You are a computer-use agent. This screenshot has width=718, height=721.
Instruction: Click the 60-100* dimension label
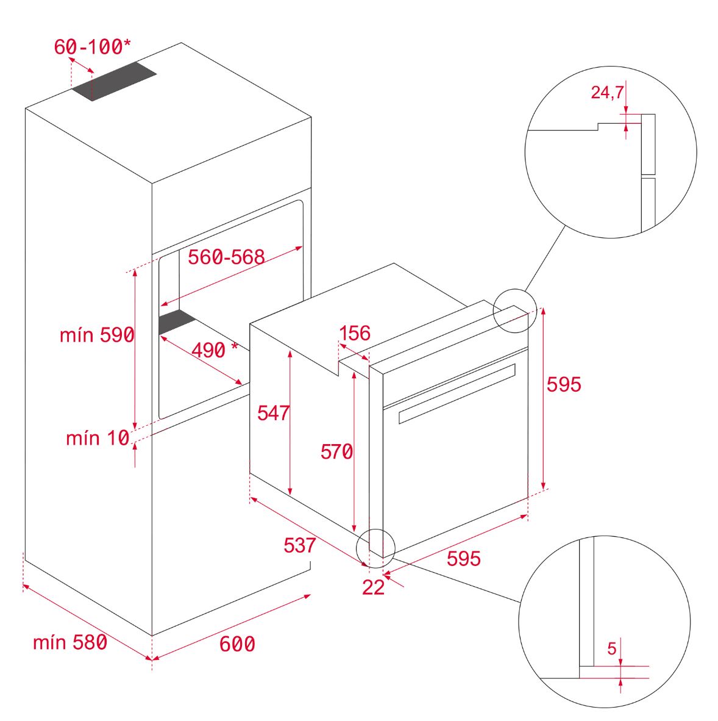(x=92, y=46)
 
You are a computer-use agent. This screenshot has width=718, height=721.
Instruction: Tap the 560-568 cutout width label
(x=227, y=257)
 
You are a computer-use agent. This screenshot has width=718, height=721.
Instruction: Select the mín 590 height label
(x=97, y=335)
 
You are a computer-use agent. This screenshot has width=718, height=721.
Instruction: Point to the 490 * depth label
(x=215, y=350)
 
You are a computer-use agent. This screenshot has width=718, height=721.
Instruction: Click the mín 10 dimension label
(x=98, y=438)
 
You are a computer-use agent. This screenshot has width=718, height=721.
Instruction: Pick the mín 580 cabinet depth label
(x=70, y=642)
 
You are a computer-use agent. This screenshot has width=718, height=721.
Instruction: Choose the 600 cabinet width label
(x=237, y=644)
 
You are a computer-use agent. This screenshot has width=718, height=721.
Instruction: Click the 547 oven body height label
(x=273, y=413)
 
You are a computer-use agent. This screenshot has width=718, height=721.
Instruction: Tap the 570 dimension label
(x=336, y=451)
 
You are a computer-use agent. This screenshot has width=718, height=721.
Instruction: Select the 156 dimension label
(x=355, y=333)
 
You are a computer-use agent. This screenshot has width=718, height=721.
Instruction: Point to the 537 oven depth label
(x=299, y=545)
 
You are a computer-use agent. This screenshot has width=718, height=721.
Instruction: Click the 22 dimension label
(x=373, y=587)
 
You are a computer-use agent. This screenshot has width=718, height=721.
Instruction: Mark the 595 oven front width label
(x=463, y=559)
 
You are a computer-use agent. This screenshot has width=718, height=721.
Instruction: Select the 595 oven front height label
(x=564, y=384)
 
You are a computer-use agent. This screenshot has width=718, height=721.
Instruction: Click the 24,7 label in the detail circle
(x=607, y=93)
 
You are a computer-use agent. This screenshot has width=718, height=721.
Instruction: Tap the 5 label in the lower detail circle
(x=611, y=648)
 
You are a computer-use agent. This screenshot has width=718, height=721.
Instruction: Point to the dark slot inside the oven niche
(x=177, y=321)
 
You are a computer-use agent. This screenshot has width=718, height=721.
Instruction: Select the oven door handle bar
(x=457, y=393)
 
